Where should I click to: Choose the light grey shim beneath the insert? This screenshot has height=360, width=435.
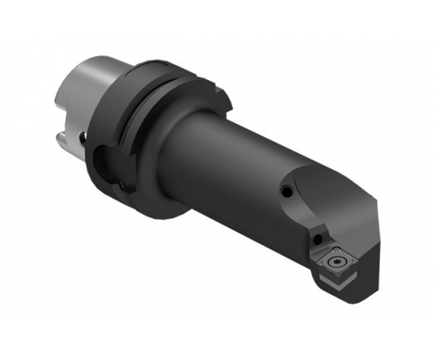[x=332, y=283]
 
